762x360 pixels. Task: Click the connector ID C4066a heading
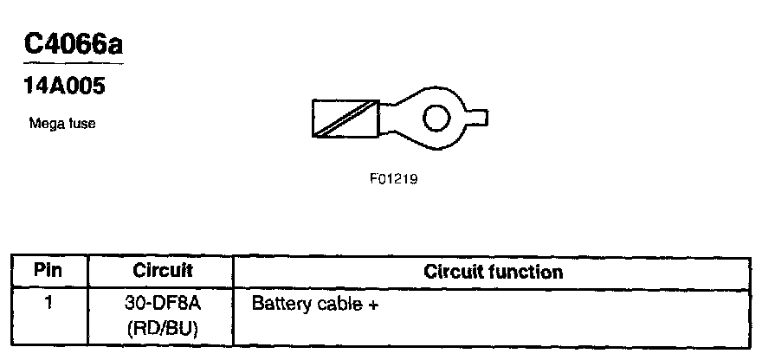click(x=73, y=46)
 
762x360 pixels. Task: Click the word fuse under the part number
click(x=82, y=124)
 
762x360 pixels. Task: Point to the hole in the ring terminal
click(x=440, y=118)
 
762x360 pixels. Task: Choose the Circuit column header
click(x=162, y=271)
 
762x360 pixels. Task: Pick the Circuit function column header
click(x=494, y=272)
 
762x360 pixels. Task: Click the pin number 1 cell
click(x=49, y=304)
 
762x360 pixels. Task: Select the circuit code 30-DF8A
click(x=162, y=304)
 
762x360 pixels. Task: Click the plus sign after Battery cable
click(x=373, y=305)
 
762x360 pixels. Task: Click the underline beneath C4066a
click(x=73, y=63)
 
